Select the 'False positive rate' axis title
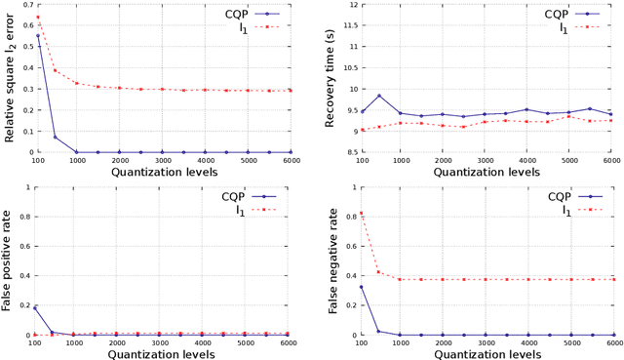tap(9, 261)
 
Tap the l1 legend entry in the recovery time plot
tap(565, 29)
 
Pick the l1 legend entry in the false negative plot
tap(565, 211)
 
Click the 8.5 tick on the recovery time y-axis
tap(345, 152)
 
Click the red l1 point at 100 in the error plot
tap(37, 18)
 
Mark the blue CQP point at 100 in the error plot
tap(37, 36)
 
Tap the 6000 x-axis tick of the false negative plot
tap(610, 342)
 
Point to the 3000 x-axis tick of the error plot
tap(163, 160)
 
